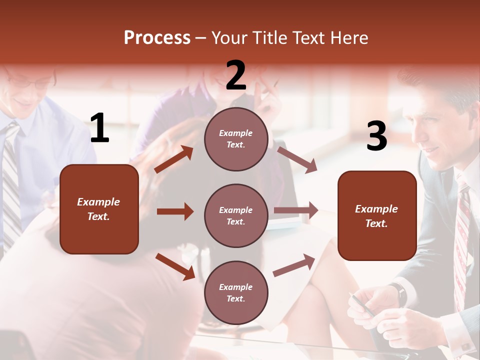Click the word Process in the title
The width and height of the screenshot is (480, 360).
[157, 38]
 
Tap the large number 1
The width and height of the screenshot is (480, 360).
[99, 128]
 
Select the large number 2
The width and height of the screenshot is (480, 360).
[236, 76]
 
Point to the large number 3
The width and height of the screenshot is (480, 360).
[376, 136]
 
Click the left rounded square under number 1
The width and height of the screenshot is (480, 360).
[99, 209]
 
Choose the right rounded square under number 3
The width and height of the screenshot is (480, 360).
[377, 215]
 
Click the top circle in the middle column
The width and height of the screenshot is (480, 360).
[236, 138]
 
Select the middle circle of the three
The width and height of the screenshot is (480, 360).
[236, 215]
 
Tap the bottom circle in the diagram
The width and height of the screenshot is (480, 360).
[236, 292]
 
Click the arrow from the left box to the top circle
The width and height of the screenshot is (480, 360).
[174, 159]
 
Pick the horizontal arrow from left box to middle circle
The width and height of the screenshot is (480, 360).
[175, 211]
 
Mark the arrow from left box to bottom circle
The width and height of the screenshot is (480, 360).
[175, 266]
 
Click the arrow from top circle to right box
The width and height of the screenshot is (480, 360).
[297, 160]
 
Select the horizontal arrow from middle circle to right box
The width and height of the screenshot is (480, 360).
[296, 210]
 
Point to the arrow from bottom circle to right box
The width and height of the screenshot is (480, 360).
[294, 265]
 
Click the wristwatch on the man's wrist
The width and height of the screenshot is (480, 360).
[398, 294]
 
